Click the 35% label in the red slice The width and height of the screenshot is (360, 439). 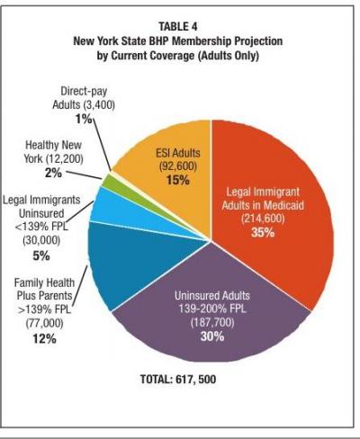pyautogui.click(x=263, y=232)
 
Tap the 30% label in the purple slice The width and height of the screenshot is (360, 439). pyautogui.click(x=212, y=336)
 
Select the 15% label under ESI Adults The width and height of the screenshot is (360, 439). pyautogui.click(x=177, y=180)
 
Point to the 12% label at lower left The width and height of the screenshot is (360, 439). pyautogui.click(x=45, y=339)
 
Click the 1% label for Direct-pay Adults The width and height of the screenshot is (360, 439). pyautogui.click(x=84, y=119)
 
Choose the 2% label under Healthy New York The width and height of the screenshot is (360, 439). pyautogui.click(x=53, y=173)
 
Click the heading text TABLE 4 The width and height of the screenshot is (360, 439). pyautogui.click(x=178, y=26)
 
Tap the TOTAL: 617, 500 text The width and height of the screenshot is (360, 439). pyautogui.click(x=178, y=380)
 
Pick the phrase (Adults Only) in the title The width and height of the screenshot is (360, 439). pyautogui.click(x=228, y=56)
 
